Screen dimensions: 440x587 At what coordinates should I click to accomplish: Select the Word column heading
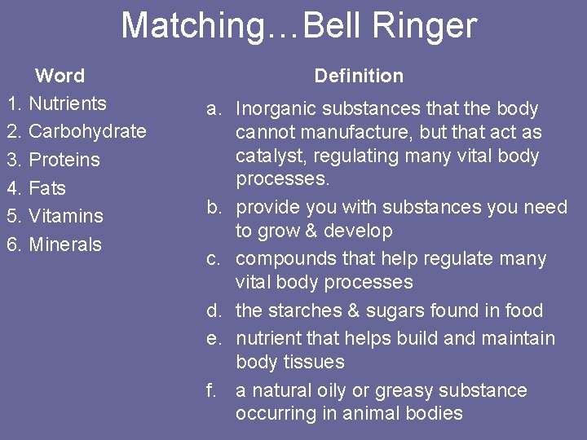point(60,76)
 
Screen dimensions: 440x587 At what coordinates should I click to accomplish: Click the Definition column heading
point(359,76)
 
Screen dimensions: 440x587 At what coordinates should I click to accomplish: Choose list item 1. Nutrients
point(56,103)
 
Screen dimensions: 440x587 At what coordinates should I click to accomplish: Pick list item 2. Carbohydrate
point(76,131)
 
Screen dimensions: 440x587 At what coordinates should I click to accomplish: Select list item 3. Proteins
point(53,160)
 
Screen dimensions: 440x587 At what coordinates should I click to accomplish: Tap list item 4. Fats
point(36,188)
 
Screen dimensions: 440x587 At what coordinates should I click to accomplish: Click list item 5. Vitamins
point(55,216)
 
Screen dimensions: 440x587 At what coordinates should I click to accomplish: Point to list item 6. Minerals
point(54,244)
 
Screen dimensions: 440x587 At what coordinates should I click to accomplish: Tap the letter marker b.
point(213,208)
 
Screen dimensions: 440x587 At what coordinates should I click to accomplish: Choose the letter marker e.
point(213,338)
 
